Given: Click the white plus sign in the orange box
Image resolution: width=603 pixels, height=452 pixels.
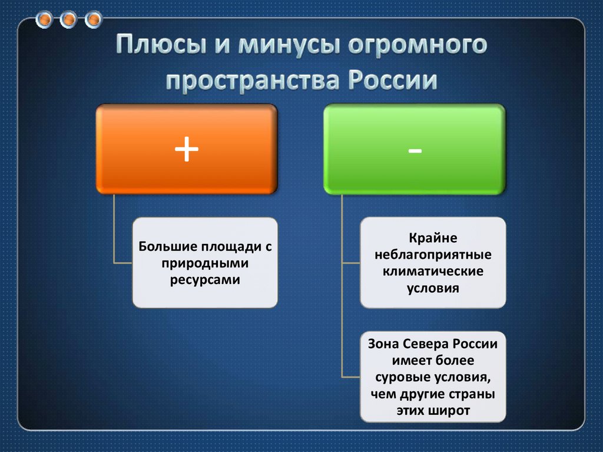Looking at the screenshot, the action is click(187, 149).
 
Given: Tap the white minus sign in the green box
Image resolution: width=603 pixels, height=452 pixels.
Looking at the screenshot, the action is click(415, 151).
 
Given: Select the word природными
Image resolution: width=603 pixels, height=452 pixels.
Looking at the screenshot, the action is click(205, 264).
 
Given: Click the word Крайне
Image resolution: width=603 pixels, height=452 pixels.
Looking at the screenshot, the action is click(433, 238).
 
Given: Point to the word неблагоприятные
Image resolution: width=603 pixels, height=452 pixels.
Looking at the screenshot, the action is click(433, 255).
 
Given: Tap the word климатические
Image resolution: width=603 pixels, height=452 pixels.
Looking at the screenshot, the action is click(433, 271).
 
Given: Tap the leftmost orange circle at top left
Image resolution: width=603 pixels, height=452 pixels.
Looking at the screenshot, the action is click(44, 19).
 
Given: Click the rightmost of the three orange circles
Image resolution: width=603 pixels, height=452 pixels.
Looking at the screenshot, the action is click(93, 19).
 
